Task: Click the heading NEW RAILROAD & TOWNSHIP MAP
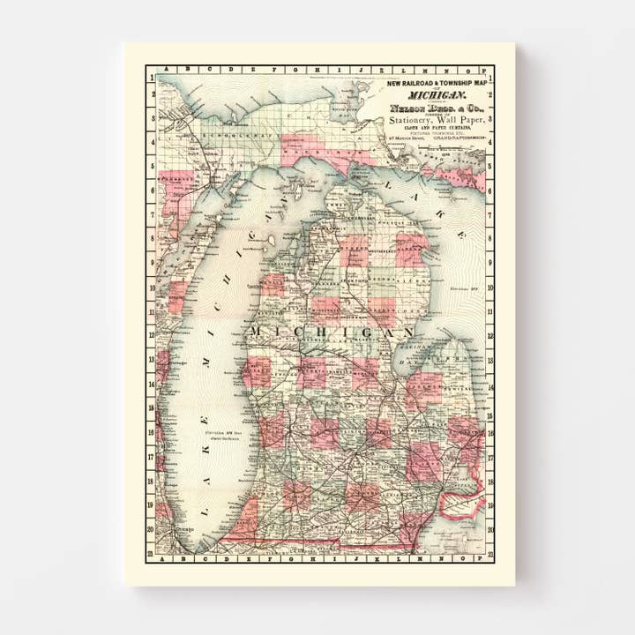(437, 83)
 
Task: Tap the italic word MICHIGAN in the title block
(437, 93)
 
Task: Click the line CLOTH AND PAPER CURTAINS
(437, 131)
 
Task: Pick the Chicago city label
(184, 529)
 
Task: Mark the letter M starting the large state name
(256, 331)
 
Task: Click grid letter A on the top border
(160, 69)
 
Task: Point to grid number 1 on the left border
(151, 78)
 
